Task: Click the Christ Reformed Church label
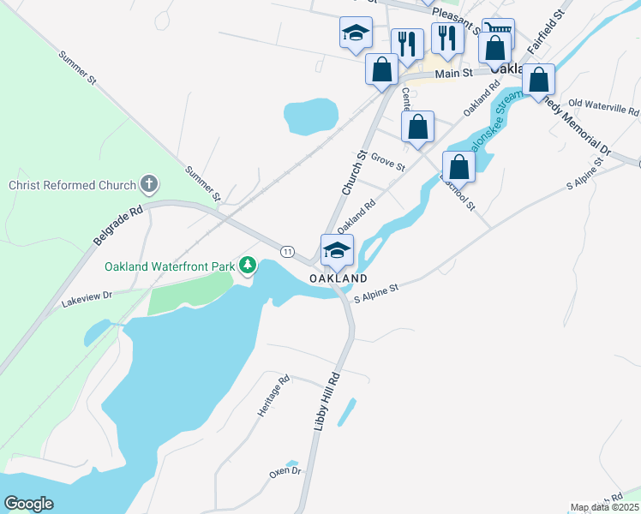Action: point(72,185)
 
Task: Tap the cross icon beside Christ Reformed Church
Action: point(149,183)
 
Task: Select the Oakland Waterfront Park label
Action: point(170,266)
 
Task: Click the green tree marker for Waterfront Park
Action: point(248,266)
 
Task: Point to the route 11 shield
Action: point(288,251)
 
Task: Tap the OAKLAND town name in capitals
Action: point(338,279)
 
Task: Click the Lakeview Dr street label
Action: point(87,299)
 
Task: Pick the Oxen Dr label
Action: point(285,471)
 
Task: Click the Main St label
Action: point(454,75)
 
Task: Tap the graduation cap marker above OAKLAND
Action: point(337,250)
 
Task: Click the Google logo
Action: point(28,504)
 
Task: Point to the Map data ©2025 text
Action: point(603,507)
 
